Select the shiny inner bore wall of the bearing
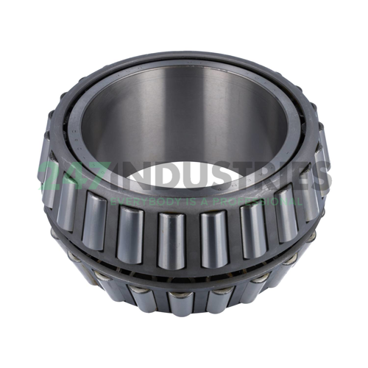coord(184,110)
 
